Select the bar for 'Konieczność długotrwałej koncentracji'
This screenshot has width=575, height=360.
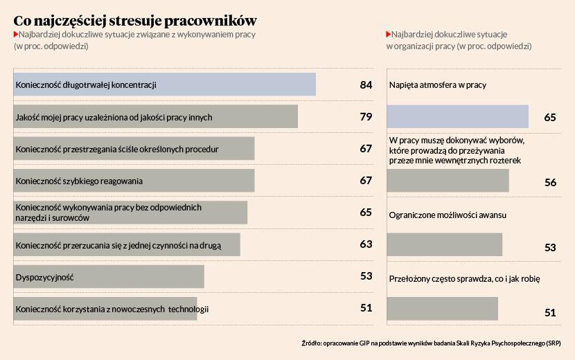(165, 84)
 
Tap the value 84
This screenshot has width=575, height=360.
(366, 84)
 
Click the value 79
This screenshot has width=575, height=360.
(366, 116)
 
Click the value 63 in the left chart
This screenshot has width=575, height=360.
(366, 244)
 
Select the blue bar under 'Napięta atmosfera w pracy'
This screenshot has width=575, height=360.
(457, 117)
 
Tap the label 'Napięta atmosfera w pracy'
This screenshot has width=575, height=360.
(437, 84)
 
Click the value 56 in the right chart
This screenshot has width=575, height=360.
(551, 182)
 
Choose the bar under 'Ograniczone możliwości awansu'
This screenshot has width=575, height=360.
(444, 245)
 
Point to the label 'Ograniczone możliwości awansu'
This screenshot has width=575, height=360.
(447, 215)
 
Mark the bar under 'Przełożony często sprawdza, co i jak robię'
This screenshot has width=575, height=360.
(442, 309)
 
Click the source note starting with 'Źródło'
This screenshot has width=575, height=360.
(431, 343)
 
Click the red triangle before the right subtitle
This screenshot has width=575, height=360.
(389, 34)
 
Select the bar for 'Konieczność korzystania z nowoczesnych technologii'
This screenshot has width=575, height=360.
(105, 309)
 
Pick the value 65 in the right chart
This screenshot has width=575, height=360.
(551, 118)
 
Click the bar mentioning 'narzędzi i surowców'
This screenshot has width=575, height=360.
(131, 213)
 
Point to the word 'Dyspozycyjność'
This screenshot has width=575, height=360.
(44, 277)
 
